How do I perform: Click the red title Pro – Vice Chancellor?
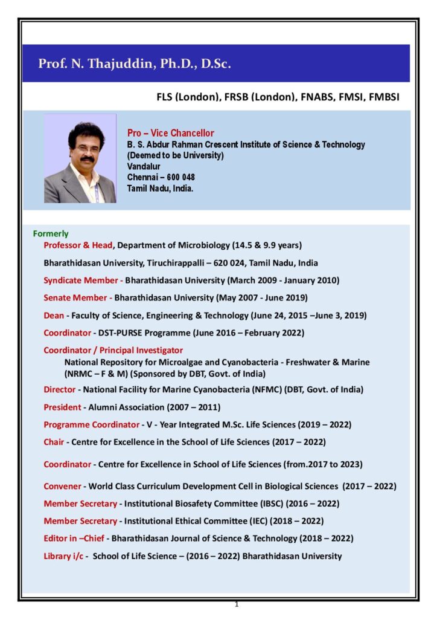pos(170,133)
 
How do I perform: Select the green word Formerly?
pos(51,233)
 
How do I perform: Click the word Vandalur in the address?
pos(144,166)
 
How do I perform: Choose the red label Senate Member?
pos(76,297)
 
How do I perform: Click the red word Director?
pos(59,390)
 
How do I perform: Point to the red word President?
pos(62,407)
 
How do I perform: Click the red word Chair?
pos(54,442)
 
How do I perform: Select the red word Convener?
pos(63,486)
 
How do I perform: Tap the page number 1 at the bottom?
pos(237,604)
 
